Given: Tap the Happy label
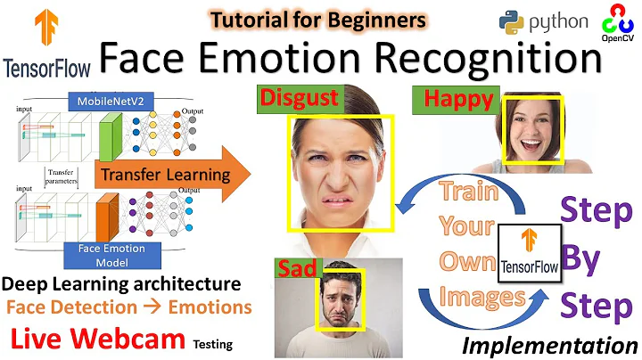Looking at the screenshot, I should point(454,101).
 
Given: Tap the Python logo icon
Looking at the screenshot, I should point(513,21).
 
